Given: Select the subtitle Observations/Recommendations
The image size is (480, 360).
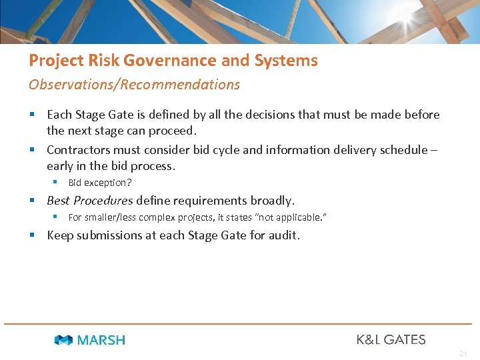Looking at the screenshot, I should (134, 85).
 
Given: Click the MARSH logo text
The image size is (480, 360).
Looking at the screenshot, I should (101, 340).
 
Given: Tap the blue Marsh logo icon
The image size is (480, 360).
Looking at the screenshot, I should (64, 340).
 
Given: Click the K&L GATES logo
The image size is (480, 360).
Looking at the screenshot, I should (391, 339).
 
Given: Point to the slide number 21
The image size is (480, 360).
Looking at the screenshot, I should (463, 353).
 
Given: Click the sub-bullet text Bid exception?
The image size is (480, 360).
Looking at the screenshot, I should (99, 183).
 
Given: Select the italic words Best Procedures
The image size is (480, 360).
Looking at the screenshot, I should (90, 201).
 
